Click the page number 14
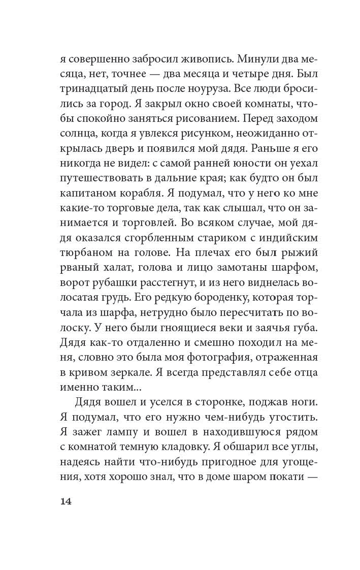[66, 501]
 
